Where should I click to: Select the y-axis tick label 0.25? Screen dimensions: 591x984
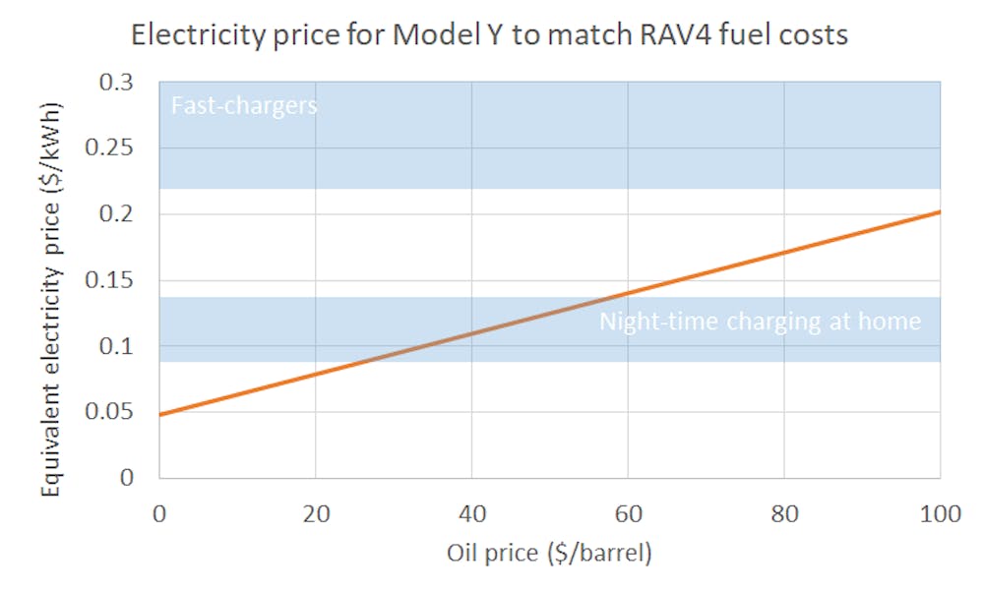coord(122,148)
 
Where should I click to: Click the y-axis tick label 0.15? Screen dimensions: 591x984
coord(122,280)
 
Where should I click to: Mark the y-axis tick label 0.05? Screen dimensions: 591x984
coord(122,412)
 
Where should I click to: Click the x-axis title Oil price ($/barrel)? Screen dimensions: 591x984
coord(549,554)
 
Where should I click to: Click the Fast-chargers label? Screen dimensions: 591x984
coord(244,105)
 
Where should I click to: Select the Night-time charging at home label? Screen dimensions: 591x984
coord(760,322)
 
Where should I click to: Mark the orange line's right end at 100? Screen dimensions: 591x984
coord(940,211)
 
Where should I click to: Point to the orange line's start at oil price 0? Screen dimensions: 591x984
coord(159,414)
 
